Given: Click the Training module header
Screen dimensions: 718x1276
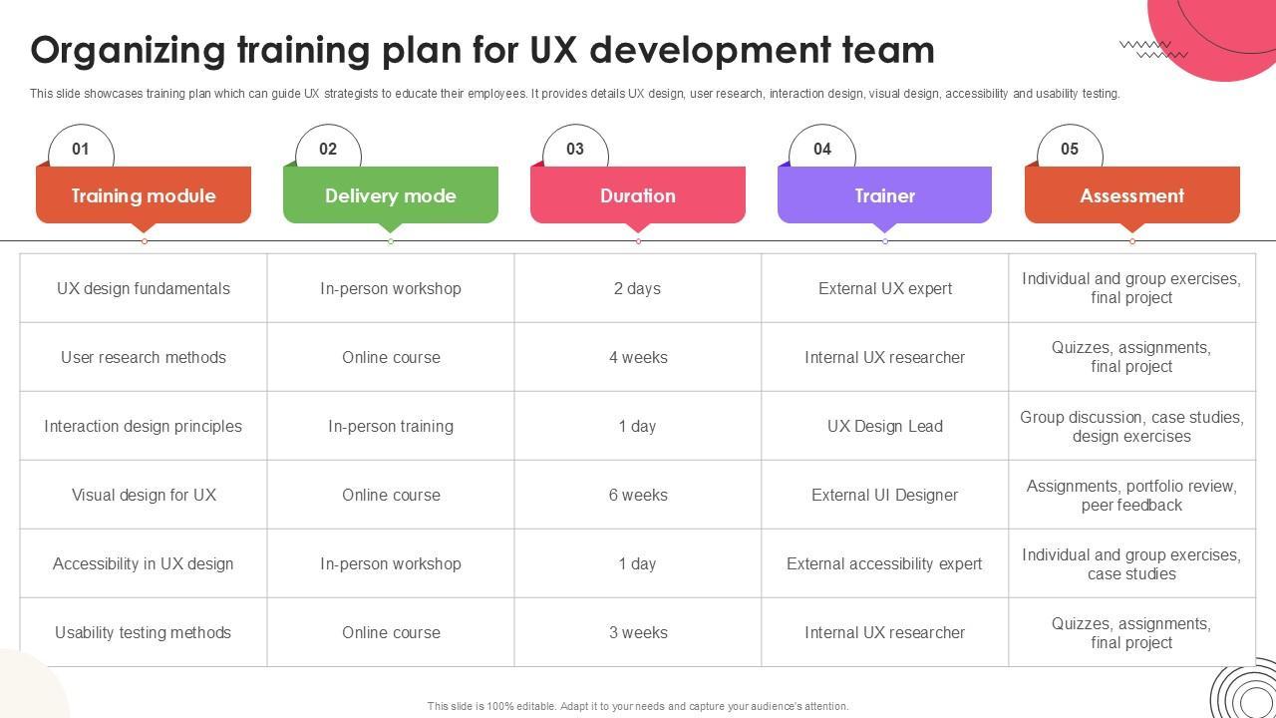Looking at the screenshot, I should tap(144, 195).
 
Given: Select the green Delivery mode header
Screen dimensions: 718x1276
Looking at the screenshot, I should tap(391, 195).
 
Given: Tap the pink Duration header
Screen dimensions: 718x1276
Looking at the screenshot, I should tap(638, 195).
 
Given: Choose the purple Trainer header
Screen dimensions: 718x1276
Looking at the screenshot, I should tap(884, 195).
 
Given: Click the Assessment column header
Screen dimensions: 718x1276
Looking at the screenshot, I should tap(1131, 195).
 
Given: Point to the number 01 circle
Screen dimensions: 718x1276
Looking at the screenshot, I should tap(81, 149).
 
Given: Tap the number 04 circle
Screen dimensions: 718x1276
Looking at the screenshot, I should tap(822, 149).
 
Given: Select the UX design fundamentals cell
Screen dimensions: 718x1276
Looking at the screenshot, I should tap(144, 288).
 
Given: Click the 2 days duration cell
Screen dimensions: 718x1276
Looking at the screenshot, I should tap(638, 288).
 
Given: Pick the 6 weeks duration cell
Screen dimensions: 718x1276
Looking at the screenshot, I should tap(638, 495).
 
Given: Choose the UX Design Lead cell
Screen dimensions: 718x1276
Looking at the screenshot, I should tap(884, 426).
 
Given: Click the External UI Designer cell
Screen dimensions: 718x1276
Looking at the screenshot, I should tap(884, 495).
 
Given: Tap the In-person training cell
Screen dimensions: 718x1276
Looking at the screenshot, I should tap(391, 426).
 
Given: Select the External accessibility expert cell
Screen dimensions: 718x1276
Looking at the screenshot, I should tap(884, 563).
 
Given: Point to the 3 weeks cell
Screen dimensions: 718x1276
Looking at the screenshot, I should tap(638, 632).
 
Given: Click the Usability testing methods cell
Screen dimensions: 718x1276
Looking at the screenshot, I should tap(144, 632).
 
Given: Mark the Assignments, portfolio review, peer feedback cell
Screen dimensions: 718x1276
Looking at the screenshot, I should tap(1131, 495).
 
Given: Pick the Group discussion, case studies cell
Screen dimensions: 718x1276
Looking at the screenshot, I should tap(1131, 426).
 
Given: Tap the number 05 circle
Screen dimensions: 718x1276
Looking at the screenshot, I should tap(1070, 149).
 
